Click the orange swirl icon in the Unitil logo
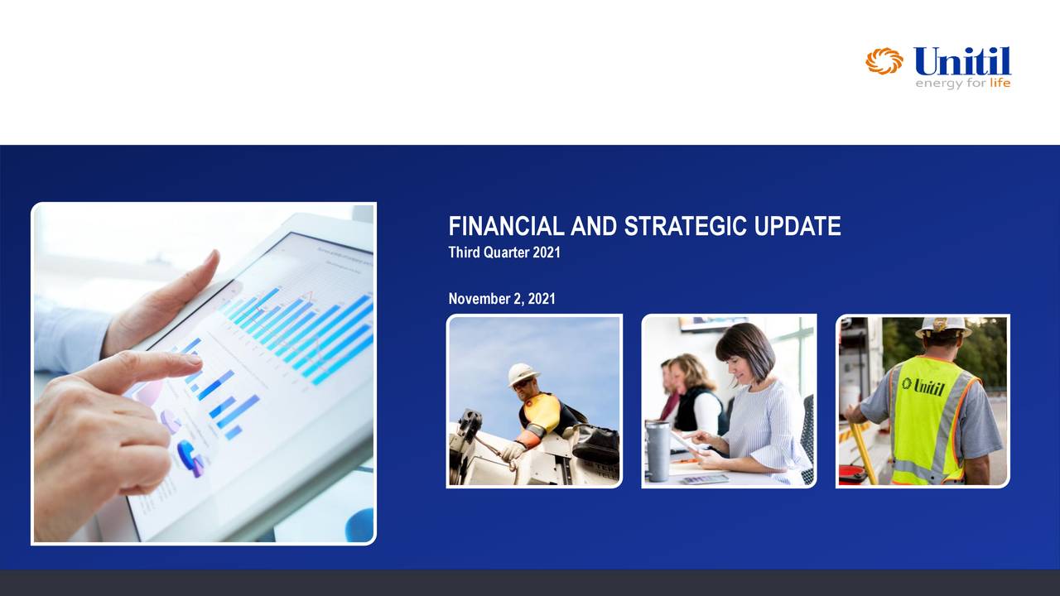coord(884,61)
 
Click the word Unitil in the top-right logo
coord(962,61)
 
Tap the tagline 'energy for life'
coord(962,83)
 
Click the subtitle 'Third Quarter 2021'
coord(503,252)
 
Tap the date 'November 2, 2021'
coord(501,298)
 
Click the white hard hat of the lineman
coord(523,374)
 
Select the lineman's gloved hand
coord(512,451)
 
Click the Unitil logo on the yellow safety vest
coord(923,386)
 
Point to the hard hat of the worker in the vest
coord(943,325)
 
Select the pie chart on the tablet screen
coord(190,457)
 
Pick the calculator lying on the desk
coord(705,478)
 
